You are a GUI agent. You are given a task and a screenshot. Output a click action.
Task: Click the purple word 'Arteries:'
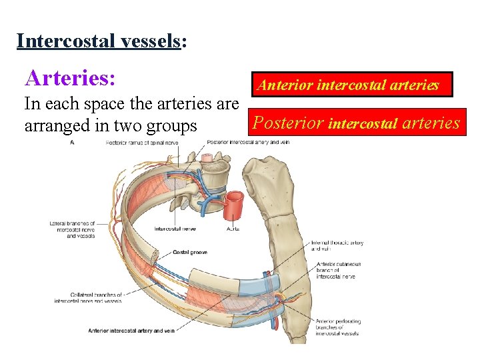71,79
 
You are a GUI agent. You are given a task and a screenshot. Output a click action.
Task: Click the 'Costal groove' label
189,253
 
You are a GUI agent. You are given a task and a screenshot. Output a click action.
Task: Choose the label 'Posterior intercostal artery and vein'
247,142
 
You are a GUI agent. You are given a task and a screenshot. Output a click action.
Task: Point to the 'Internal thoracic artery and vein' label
336,246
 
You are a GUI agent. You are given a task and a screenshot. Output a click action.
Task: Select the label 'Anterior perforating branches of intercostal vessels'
338,327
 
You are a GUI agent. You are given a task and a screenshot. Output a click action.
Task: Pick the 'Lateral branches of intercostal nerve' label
71,229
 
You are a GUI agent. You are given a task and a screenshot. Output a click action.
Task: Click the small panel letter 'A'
71,142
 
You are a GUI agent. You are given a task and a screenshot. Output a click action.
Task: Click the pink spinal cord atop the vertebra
208,158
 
